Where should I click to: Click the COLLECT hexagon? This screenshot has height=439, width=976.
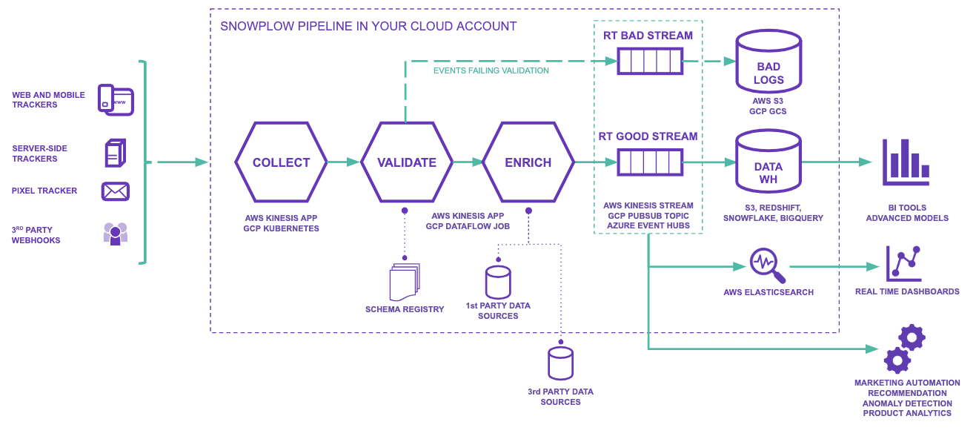click(281, 162)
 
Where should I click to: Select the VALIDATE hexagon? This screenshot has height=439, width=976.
click(406, 162)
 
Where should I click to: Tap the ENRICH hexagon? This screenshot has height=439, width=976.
click(528, 162)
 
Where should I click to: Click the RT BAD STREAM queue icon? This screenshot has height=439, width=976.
click(650, 61)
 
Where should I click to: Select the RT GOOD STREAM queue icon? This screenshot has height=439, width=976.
click(650, 162)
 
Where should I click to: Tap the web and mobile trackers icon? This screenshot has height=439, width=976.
click(116, 100)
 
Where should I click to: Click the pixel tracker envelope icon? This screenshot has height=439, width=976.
click(116, 191)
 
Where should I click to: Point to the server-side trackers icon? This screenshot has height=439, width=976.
click(115, 153)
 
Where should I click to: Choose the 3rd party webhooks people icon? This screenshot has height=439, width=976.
click(115, 234)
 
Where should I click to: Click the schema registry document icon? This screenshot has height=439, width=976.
click(404, 283)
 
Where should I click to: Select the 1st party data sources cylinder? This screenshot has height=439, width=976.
click(498, 282)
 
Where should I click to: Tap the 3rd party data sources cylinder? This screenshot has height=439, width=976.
click(560, 363)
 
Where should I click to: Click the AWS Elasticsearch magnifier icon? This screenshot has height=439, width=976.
click(767, 265)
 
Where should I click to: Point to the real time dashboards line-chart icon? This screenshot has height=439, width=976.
click(904, 263)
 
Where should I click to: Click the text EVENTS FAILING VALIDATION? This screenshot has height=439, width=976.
click(491, 71)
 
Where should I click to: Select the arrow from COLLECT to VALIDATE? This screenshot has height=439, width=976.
click(343, 162)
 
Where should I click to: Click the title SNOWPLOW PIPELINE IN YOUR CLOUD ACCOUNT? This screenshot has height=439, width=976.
click(368, 27)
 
